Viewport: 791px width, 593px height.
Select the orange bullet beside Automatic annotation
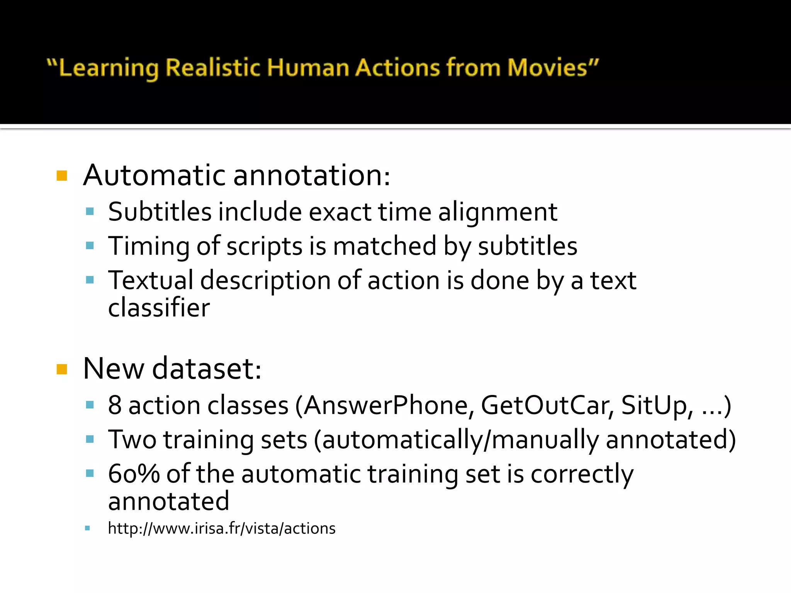point(62,176)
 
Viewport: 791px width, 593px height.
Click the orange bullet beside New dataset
point(62,369)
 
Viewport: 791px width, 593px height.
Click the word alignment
point(497,212)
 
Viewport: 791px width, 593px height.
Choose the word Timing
point(149,246)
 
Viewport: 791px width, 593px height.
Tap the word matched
point(384,246)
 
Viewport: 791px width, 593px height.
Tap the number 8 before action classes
point(115,405)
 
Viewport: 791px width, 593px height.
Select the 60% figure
point(134,474)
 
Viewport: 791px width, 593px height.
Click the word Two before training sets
point(132,439)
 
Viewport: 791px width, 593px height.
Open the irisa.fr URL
point(222,528)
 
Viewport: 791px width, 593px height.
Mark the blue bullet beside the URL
point(88,528)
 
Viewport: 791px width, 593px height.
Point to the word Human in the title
point(308,68)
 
